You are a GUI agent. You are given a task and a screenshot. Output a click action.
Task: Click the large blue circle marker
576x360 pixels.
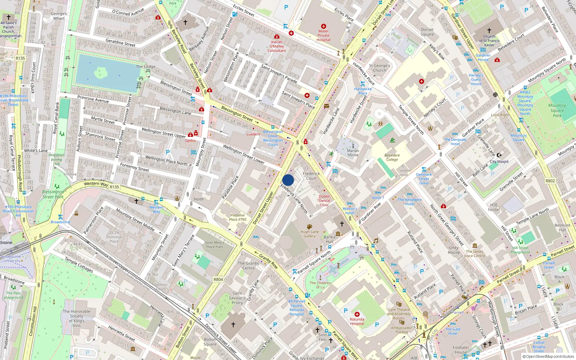[288, 180]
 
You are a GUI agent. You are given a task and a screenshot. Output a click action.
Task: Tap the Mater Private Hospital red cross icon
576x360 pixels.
[323, 26]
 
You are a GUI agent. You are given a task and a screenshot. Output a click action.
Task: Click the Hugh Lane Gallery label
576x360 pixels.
[309, 234]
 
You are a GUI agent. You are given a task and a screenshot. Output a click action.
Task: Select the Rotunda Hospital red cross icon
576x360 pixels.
[357, 314]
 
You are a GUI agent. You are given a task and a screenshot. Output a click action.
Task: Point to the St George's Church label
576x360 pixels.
[379, 68]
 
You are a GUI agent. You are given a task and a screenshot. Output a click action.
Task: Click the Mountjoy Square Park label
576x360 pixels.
[557, 110]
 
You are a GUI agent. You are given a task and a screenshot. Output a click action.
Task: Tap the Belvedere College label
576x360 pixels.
[392, 157]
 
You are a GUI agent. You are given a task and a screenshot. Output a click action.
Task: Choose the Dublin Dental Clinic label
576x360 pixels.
[324, 201]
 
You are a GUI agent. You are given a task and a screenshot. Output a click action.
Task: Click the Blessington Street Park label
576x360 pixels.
[53, 194]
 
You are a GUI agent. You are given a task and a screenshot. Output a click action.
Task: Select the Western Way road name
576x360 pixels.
[96, 184]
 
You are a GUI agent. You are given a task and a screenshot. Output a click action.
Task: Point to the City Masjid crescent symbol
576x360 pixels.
[499, 155]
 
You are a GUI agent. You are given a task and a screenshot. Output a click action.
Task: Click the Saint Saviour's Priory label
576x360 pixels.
[237, 298]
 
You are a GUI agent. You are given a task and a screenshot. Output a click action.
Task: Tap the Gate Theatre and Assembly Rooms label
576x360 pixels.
[399, 314]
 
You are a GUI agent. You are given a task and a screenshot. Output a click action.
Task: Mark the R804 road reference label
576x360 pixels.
[218, 279]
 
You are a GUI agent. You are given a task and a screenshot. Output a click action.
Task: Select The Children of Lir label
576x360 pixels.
[320, 285]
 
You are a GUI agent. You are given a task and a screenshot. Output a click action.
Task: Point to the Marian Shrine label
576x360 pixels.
[353, 153]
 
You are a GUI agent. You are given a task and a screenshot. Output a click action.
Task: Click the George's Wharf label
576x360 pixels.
[59, 16]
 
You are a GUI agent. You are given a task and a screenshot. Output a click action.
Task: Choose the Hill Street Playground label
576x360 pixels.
[520, 250]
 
